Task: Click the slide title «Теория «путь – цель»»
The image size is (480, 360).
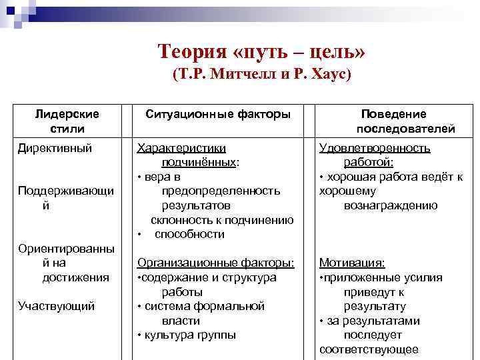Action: (261, 51)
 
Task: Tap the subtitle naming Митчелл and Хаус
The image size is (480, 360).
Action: (261, 74)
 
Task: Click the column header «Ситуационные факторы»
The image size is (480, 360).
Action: (218, 115)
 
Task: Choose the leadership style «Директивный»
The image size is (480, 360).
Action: (55, 148)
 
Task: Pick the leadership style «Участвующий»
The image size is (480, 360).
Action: (57, 306)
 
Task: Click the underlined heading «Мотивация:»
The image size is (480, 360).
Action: (352, 263)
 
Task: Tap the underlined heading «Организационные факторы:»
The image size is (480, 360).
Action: (215, 263)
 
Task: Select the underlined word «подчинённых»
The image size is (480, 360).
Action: (199, 162)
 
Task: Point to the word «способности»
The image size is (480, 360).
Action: (189, 234)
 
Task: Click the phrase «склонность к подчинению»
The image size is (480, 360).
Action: (222, 220)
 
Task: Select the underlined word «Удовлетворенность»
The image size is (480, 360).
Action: (375, 148)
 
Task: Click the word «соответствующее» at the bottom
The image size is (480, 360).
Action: (369, 349)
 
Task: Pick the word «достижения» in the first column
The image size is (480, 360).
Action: (75, 277)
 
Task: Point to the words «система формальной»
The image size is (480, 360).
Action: (203, 306)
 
